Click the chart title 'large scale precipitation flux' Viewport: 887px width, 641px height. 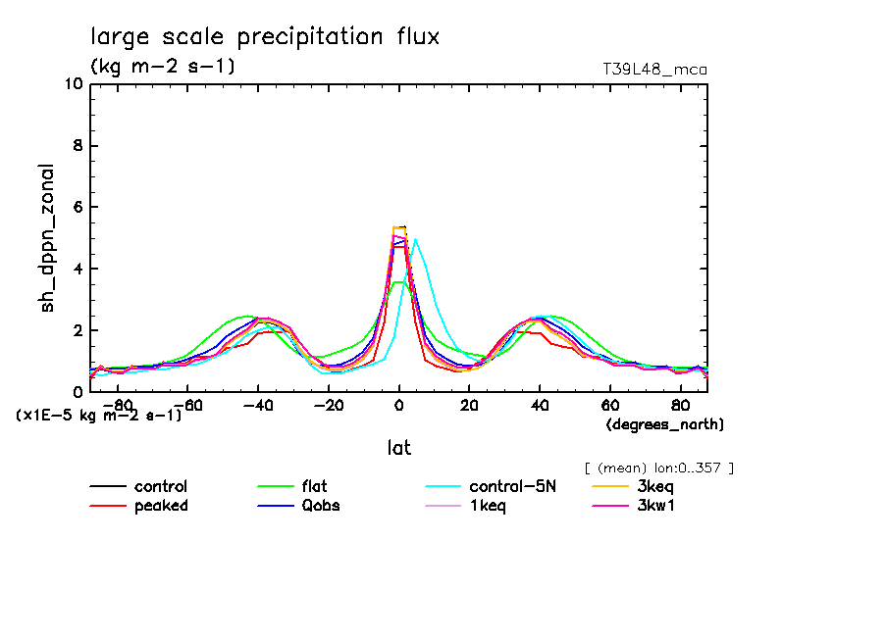pos(265,37)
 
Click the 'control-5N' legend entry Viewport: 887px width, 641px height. pos(512,486)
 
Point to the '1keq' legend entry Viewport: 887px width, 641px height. pos(488,506)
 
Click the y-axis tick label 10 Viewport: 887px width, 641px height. pos(73,84)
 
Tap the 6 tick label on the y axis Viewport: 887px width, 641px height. pos(78,208)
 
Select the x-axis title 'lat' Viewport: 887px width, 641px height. pos(398,448)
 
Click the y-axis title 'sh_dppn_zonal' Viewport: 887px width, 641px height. pos(47,238)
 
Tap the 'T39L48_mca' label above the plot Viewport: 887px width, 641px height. pos(654,70)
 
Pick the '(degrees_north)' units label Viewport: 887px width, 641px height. pos(665,424)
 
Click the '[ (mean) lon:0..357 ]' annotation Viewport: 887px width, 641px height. pos(658,468)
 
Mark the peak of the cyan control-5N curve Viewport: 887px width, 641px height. pos(415,239)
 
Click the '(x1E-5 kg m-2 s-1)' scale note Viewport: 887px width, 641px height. pos(99,415)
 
